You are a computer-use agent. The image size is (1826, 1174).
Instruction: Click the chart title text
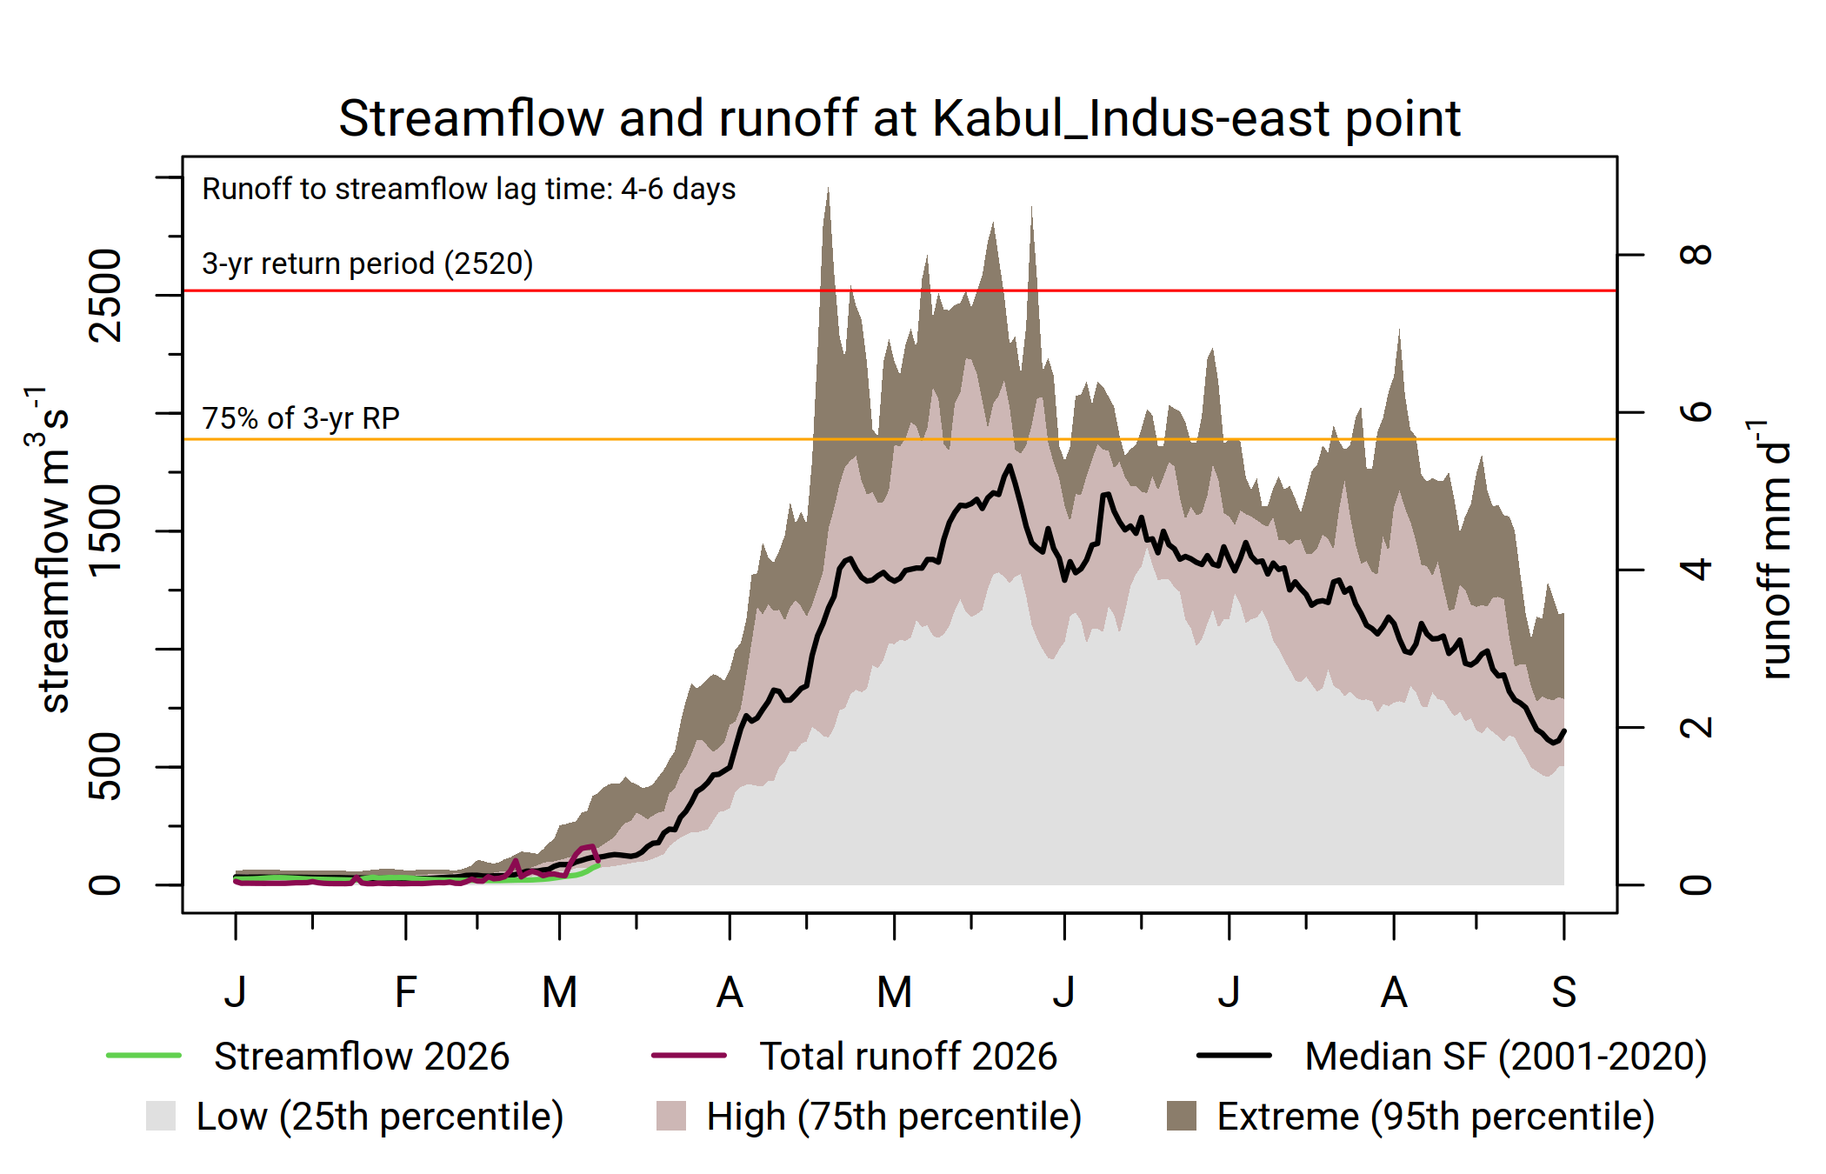pos(899,118)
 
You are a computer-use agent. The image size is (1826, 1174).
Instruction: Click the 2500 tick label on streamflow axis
pos(106,296)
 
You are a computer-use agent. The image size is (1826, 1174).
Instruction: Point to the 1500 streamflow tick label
pos(106,531)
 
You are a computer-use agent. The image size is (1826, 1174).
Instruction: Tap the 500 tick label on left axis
pos(106,766)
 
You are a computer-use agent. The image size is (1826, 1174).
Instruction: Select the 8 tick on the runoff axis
pos(1696,255)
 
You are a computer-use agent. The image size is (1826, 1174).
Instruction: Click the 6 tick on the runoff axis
pos(1696,412)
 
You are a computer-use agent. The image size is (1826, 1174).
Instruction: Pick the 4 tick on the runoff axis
pos(1696,570)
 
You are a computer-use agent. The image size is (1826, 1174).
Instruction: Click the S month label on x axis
pos(1563,992)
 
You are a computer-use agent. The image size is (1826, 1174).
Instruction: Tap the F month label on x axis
pos(405,992)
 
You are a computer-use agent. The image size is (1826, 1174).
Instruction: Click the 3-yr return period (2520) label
pos(367,263)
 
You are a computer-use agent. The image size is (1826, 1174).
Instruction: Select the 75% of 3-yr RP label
pos(301,418)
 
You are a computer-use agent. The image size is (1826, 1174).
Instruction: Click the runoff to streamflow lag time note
pos(469,189)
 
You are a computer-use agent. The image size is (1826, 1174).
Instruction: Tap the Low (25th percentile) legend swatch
pos(161,1116)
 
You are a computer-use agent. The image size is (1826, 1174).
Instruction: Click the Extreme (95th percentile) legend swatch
pos(1181,1116)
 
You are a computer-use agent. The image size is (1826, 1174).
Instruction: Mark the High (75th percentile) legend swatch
pos(670,1116)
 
